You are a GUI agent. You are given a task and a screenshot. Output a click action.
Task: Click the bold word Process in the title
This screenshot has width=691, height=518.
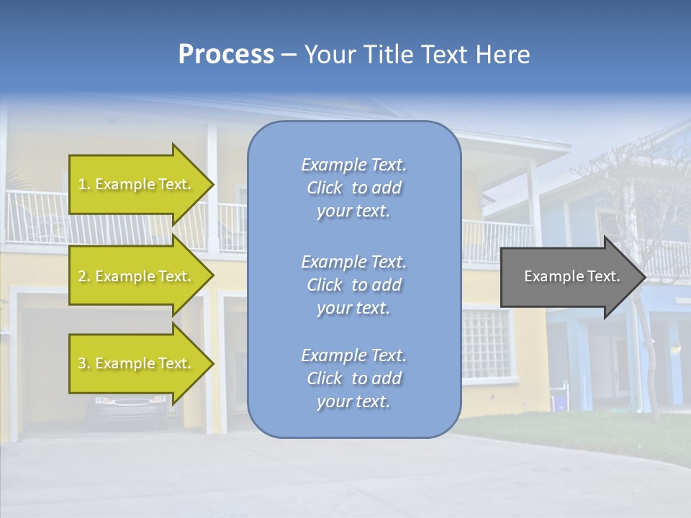click(226, 55)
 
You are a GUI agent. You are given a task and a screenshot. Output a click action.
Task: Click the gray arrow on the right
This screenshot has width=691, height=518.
click(569, 276)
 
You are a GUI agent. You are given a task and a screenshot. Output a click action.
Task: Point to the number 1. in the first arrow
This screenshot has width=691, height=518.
click(84, 184)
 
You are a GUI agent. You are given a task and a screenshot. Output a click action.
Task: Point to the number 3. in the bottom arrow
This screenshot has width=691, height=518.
click(84, 363)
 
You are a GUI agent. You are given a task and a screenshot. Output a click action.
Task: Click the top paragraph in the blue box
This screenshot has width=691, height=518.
click(353, 188)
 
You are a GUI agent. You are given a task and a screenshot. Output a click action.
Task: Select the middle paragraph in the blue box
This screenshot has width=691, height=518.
click(353, 285)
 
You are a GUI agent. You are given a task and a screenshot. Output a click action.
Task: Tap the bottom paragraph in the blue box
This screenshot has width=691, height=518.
click(353, 378)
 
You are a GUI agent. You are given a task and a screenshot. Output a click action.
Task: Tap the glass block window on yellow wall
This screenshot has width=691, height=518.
click(487, 344)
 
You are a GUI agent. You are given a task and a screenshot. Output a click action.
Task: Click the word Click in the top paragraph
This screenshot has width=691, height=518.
click(325, 188)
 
